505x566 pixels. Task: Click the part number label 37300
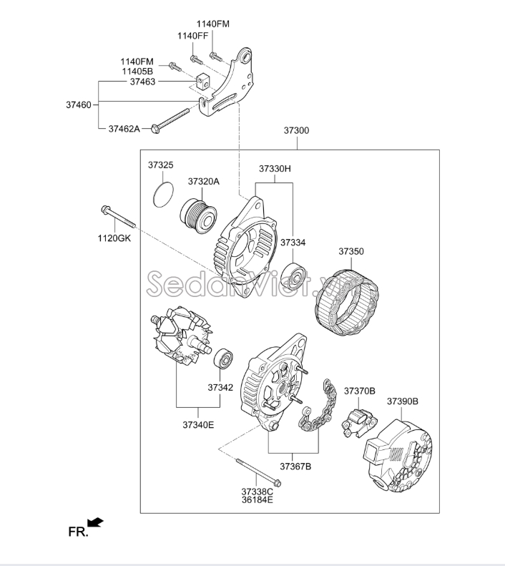pyautogui.click(x=296, y=130)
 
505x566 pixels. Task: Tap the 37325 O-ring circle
pyautogui.click(x=155, y=195)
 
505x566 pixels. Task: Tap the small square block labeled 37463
pyautogui.click(x=203, y=82)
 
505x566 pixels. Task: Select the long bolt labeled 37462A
pyautogui.click(x=170, y=119)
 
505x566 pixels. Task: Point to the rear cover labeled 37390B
pyautogui.click(x=398, y=457)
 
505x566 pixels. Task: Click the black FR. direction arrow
pyautogui.click(x=96, y=522)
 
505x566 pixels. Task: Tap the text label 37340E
pyautogui.click(x=198, y=425)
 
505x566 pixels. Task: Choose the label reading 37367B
pyautogui.click(x=295, y=467)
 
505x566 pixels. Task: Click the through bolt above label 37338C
pyautogui.click(x=259, y=472)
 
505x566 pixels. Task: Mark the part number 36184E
pyautogui.click(x=258, y=500)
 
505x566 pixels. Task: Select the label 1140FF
pyautogui.click(x=193, y=36)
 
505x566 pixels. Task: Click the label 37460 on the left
pyautogui.click(x=79, y=105)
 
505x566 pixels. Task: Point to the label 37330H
pyautogui.click(x=275, y=169)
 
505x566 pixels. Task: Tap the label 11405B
pyautogui.click(x=137, y=72)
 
